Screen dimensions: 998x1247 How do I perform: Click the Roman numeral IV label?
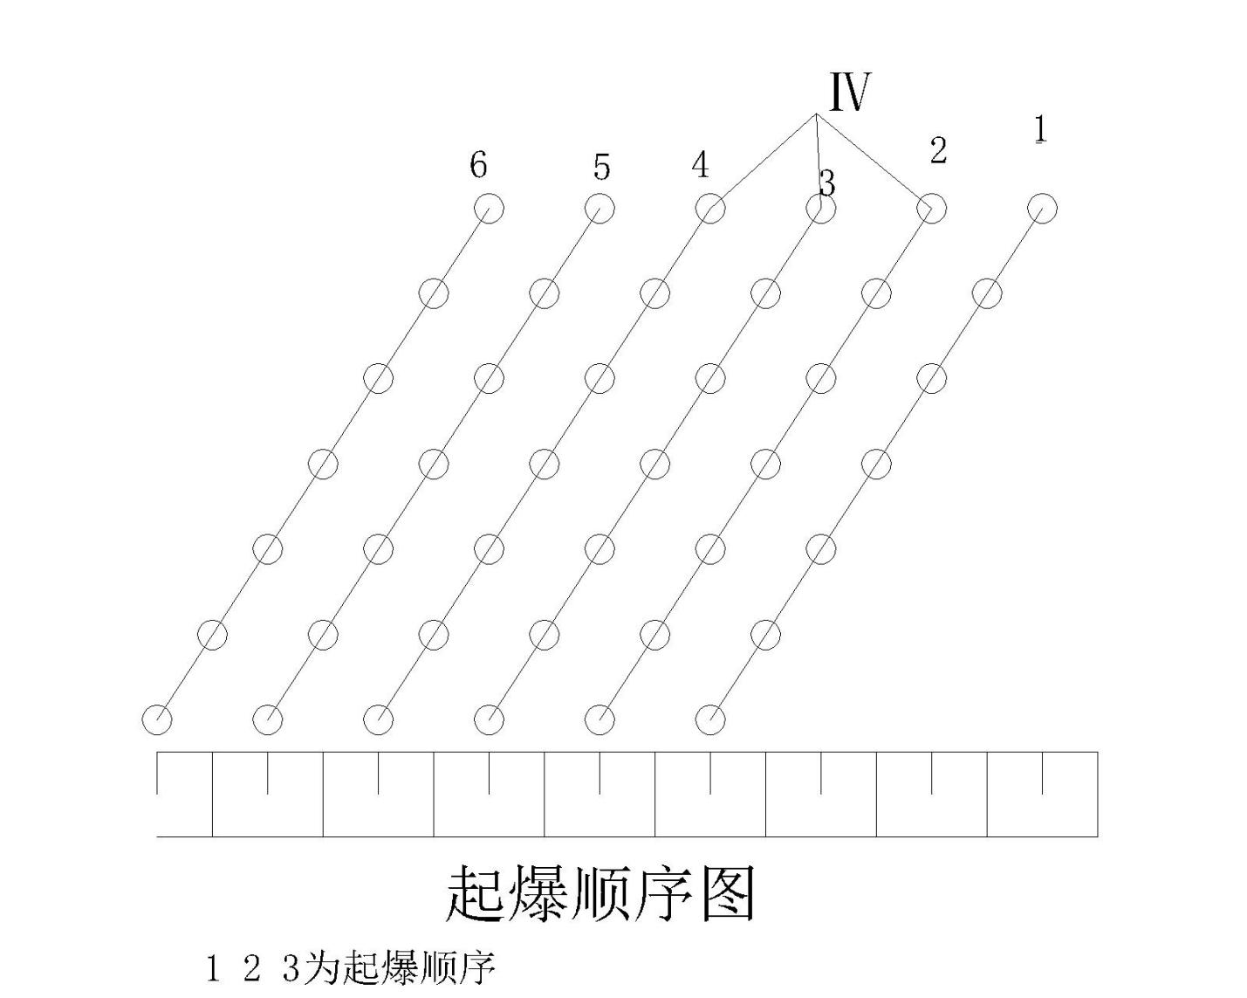click(x=849, y=92)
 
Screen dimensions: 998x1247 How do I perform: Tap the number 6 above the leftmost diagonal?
click(x=478, y=164)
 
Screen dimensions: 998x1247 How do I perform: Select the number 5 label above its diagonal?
click(x=601, y=167)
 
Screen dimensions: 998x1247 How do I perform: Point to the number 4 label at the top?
click(x=700, y=165)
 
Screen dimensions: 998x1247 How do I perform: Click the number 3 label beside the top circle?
click(x=827, y=183)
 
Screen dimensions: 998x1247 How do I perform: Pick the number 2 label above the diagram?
click(x=938, y=150)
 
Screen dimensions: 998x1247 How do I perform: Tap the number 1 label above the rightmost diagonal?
click(x=1039, y=129)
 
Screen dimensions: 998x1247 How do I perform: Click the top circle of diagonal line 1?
click(x=1042, y=209)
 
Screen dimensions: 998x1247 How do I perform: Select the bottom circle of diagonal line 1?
click(x=710, y=719)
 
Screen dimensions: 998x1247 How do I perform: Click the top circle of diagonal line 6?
click(x=489, y=209)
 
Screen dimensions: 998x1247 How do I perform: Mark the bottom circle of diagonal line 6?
click(x=157, y=719)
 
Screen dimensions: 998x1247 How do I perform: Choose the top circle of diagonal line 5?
click(x=600, y=209)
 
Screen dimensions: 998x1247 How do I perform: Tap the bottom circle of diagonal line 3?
click(x=489, y=719)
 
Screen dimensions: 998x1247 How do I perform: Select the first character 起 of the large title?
click(x=476, y=894)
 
